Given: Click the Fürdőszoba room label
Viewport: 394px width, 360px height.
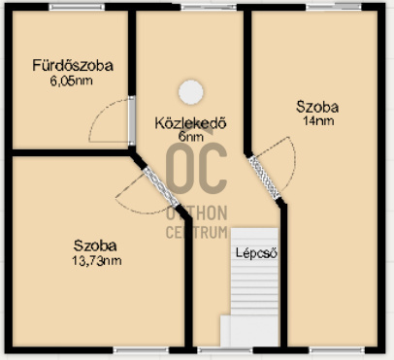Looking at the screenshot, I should click(x=73, y=66).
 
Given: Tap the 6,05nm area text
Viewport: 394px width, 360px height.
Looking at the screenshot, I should click(x=73, y=83).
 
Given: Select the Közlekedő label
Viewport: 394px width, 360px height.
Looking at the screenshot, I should click(x=190, y=123).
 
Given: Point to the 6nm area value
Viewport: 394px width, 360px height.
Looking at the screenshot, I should click(x=190, y=139).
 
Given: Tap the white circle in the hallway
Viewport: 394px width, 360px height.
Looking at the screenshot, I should click(x=190, y=91).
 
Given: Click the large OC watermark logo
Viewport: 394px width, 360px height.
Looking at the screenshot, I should click(x=195, y=171).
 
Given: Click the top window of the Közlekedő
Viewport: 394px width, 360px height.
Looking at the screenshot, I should click(x=193, y=8).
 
